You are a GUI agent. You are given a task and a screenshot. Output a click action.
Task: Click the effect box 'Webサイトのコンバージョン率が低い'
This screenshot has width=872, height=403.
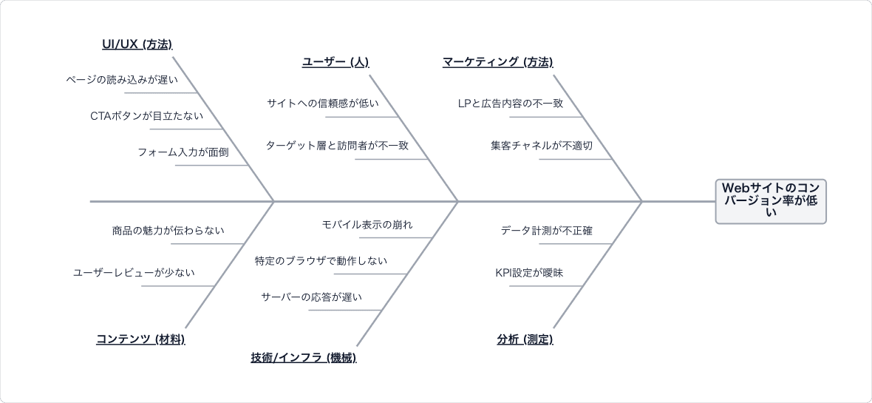771,201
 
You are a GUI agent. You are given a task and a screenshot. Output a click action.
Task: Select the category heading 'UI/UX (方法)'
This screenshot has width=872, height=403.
137,44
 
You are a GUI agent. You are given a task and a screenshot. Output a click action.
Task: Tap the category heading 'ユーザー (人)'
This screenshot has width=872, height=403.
335,62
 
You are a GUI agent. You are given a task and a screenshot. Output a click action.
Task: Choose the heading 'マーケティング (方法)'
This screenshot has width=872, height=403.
498,62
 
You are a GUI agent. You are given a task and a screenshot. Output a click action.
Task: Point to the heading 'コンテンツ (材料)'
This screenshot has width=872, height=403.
140,339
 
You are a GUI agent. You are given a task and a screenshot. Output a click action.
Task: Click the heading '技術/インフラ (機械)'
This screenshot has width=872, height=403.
304,357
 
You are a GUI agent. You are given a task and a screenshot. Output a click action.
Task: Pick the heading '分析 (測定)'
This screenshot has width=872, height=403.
525,339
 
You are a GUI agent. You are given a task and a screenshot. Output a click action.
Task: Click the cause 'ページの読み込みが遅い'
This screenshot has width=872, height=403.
122,80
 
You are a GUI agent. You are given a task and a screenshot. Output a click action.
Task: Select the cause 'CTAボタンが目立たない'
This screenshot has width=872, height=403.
147,116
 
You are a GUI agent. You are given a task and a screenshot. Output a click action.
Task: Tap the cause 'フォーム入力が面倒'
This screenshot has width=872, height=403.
183,152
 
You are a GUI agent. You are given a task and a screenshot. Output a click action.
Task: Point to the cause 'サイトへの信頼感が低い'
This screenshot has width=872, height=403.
322,103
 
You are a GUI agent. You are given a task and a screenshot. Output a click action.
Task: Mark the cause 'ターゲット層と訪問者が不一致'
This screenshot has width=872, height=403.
337,145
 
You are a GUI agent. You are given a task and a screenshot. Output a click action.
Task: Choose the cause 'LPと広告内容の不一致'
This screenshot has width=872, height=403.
511,103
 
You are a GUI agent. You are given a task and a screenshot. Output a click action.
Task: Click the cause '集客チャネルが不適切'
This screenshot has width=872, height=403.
542,145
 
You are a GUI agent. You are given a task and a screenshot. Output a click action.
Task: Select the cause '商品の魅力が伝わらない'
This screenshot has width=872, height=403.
168,230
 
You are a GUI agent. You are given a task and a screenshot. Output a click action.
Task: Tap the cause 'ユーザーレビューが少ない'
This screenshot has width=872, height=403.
134,272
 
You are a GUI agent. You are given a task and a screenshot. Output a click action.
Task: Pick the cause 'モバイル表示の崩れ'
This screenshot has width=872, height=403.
367,224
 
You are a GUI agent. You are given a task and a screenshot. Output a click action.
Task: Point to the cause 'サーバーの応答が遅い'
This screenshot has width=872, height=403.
311,297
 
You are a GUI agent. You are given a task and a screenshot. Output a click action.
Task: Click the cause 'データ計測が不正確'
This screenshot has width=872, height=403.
547,230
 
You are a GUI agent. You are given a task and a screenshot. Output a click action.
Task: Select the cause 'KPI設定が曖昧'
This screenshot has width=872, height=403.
529,272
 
